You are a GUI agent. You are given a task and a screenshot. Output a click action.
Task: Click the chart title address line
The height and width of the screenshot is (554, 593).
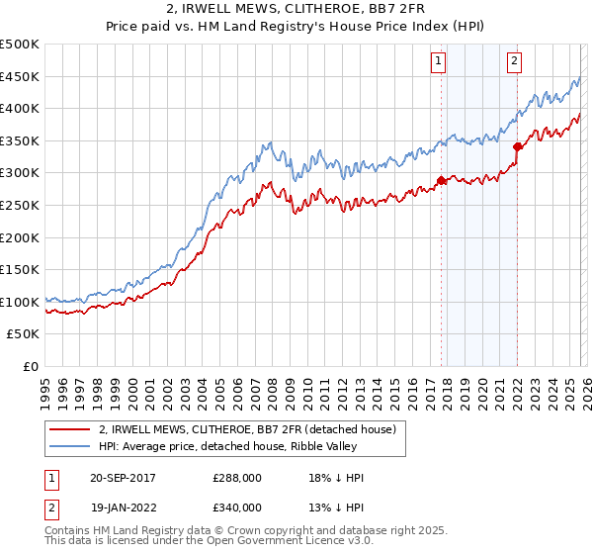(296, 9)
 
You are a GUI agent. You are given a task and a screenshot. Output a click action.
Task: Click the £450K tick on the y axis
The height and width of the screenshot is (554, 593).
(21, 76)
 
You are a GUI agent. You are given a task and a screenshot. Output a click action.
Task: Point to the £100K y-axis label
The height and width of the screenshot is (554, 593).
(21, 302)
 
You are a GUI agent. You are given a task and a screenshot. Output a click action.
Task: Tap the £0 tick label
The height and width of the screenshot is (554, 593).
(31, 366)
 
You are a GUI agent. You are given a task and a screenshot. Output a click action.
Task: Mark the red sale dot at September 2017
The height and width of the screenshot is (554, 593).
(441, 181)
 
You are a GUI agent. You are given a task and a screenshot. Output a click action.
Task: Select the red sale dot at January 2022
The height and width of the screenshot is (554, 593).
(517, 147)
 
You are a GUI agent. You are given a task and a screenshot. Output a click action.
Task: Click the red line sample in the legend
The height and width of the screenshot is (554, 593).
(69, 429)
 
